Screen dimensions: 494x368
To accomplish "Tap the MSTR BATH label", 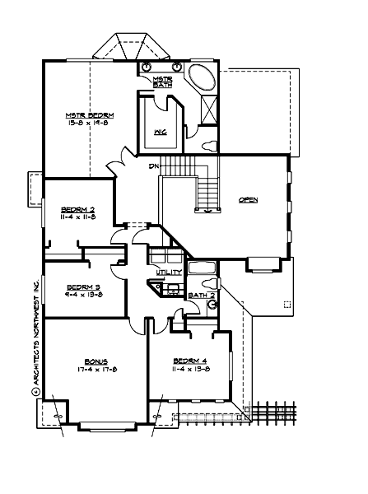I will click(x=162, y=82).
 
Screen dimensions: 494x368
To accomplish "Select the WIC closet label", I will click(x=161, y=130).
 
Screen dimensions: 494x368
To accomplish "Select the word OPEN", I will click(x=249, y=200).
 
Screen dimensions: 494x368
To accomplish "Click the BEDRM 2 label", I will click(x=78, y=210).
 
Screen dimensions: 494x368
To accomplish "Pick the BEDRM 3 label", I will click(x=82, y=287).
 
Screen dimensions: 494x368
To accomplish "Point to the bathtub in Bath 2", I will click(x=203, y=268).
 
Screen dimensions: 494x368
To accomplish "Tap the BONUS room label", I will click(x=95, y=361).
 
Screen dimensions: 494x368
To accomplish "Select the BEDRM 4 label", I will click(x=189, y=361).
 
